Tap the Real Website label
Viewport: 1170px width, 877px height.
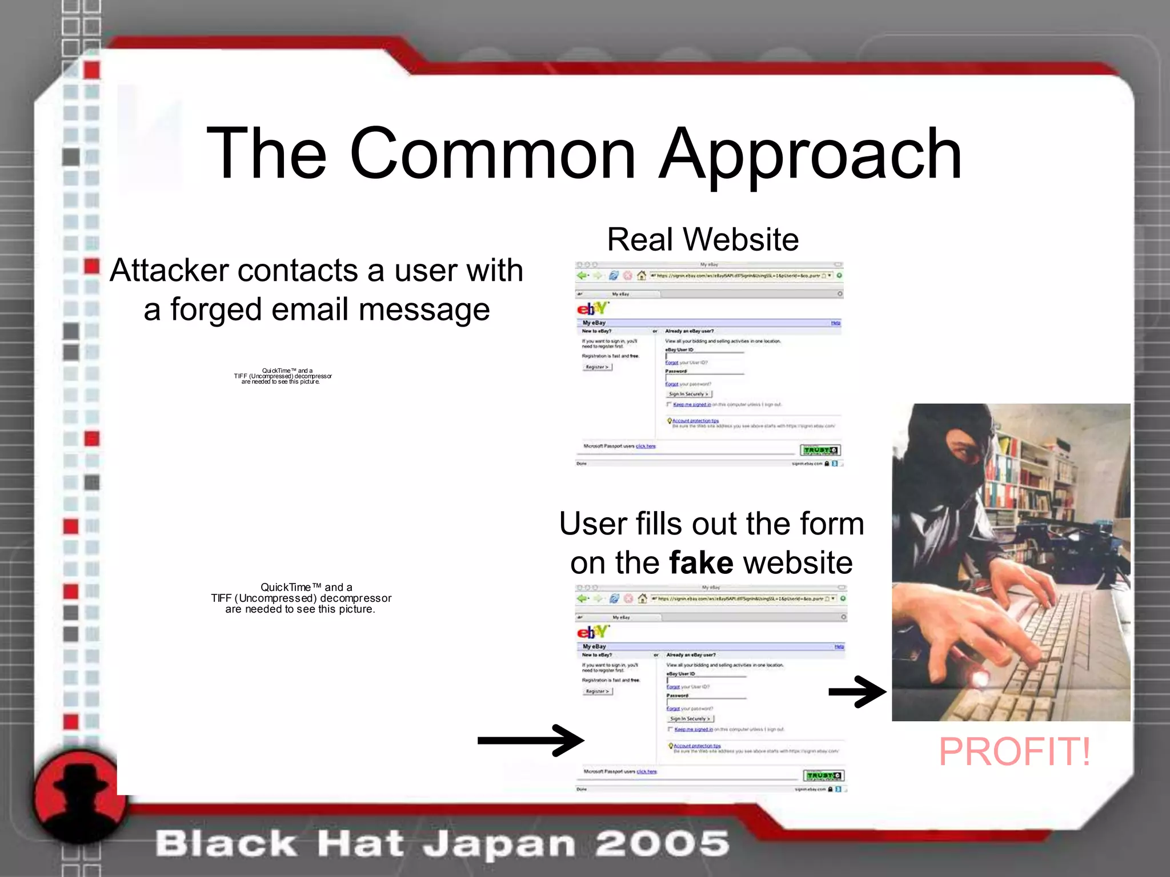(702, 239)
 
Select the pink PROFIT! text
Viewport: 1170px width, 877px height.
(1015, 751)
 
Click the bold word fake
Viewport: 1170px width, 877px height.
(701, 562)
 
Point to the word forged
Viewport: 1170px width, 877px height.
(217, 309)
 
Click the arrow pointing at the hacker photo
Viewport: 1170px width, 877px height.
(857, 692)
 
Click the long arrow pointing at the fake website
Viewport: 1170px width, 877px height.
(531, 741)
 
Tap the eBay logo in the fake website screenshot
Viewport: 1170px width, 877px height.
(593, 632)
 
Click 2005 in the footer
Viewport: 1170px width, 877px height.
(662, 844)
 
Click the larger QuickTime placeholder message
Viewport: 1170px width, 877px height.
(301, 598)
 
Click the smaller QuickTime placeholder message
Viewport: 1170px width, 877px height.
(283, 376)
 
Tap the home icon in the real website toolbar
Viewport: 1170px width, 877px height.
(641, 276)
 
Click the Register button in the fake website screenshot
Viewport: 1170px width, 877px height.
(598, 691)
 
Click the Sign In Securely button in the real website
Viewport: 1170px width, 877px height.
(689, 394)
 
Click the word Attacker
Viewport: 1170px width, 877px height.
(170, 270)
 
